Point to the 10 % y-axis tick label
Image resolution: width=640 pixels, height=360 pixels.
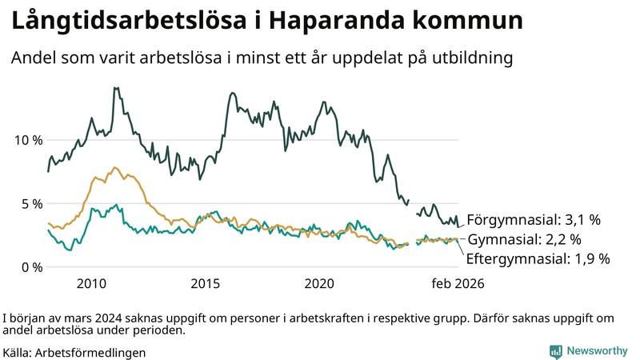point(29,140)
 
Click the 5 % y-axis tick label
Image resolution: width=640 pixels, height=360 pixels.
point(32,203)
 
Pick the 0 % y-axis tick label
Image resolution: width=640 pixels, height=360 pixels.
point(32,267)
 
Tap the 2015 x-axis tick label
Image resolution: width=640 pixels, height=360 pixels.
point(206,284)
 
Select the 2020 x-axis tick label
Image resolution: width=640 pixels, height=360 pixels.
point(320,284)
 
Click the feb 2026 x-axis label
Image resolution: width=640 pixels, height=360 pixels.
point(458,284)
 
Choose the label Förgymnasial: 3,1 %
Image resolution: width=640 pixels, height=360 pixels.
point(534,219)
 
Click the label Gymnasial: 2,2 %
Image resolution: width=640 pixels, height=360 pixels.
point(524,239)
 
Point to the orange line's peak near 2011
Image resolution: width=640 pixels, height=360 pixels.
point(115,168)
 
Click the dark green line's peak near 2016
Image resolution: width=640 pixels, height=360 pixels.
point(232,94)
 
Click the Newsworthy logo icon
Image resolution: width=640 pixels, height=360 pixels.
point(555,350)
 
